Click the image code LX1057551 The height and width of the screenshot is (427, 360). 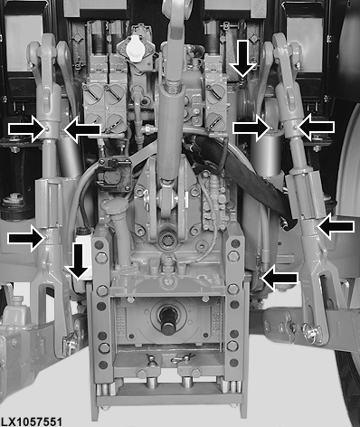[32, 422]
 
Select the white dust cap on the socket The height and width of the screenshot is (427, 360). [135, 49]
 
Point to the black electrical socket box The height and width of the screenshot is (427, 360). [114, 174]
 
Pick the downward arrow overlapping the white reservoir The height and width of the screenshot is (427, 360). [79, 261]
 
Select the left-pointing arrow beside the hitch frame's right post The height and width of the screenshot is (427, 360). [279, 278]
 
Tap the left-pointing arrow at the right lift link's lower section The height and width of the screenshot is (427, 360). [336, 227]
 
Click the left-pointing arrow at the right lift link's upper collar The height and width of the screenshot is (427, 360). [316, 128]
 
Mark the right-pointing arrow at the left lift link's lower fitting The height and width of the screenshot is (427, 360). [26, 239]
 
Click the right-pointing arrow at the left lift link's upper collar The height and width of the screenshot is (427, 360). [28, 129]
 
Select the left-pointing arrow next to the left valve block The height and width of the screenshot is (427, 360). [82, 130]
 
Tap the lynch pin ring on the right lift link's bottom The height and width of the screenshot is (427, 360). [310, 329]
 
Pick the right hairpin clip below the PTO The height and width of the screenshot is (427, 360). [182, 359]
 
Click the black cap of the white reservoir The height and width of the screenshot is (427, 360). [85, 231]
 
